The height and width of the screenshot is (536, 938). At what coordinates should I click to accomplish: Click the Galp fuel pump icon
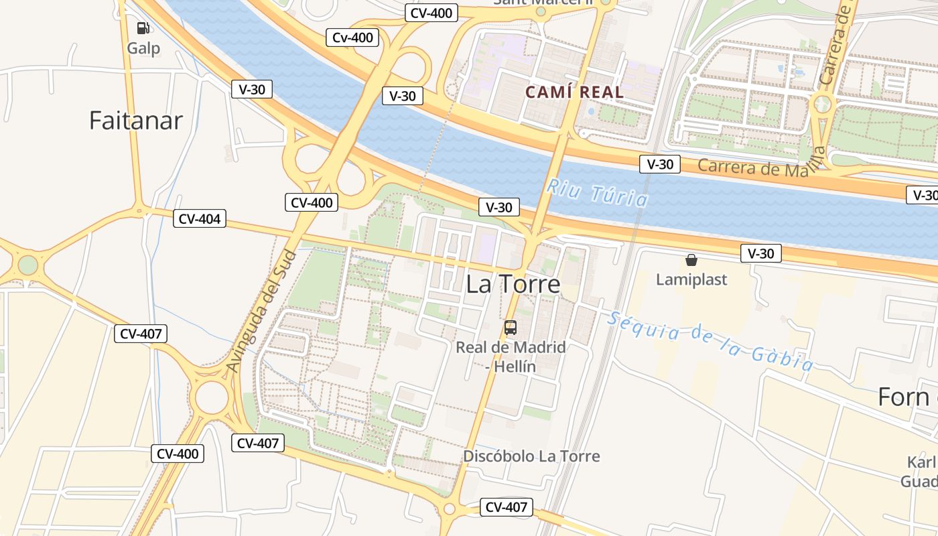[143, 28]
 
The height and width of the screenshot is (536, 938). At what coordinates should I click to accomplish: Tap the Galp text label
[143, 48]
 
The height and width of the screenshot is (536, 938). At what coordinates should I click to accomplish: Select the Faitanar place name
[136, 121]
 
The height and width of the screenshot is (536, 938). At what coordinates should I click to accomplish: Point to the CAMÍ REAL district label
[574, 92]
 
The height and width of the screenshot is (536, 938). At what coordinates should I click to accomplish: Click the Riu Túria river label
[597, 192]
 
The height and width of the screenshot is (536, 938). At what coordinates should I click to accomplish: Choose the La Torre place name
[513, 285]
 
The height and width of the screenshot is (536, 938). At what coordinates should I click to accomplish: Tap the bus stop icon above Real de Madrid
[511, 328]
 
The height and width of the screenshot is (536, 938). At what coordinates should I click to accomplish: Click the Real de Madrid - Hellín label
[511, 357]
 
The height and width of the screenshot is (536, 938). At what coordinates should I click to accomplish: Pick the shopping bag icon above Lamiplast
[691, 260]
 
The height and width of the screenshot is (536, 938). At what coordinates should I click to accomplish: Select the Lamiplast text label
[691, 279]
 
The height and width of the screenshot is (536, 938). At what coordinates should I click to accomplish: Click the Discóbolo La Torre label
[531, 456]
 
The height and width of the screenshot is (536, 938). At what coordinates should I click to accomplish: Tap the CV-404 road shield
[200, 218]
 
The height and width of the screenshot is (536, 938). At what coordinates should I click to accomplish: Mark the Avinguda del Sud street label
[261, 312]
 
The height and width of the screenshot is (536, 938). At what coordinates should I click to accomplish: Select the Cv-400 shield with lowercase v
[352, 38]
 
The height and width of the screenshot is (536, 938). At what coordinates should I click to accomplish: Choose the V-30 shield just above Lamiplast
[760, 253]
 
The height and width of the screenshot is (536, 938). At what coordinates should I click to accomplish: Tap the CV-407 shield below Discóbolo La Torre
[507, 507]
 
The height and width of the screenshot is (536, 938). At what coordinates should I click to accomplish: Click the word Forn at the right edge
[903, 397]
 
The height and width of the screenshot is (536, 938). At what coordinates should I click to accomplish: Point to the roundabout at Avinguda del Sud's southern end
[212, 397]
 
